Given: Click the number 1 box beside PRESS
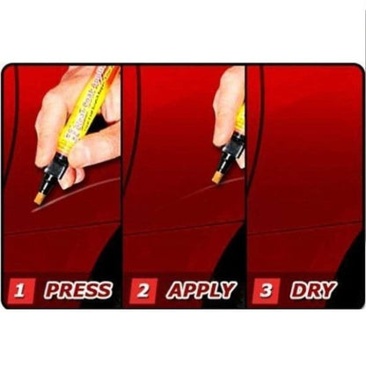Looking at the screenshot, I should click(x=23, y=289).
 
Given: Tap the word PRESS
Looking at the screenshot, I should click(x=77, y=289).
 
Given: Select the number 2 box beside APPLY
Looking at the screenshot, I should click(x=143, y=289).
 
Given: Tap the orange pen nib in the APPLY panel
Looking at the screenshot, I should click(x=216, y=177).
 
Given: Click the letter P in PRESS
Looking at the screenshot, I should click(x=52, y=289).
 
